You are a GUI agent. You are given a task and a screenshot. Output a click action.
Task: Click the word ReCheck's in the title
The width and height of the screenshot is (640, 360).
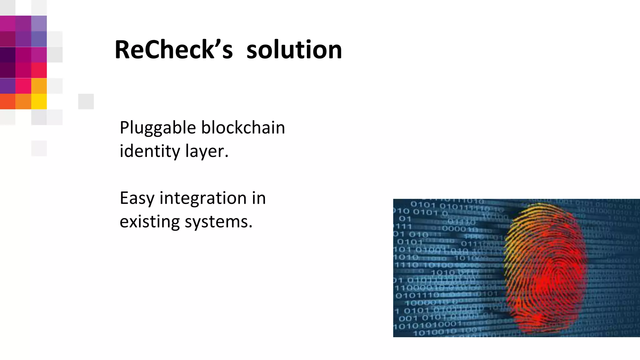173,50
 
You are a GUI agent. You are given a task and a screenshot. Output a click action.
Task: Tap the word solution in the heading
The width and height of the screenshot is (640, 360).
294,50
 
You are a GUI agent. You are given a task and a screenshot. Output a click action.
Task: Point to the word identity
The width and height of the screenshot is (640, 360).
150,151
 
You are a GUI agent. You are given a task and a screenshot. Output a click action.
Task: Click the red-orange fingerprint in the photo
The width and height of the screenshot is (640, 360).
545,269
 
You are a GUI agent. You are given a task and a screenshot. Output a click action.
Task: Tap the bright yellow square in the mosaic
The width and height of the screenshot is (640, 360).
39,102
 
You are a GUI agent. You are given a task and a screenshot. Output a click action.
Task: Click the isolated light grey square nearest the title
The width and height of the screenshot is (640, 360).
86,102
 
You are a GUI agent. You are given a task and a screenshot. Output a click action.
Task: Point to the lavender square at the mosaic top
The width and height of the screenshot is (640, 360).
39,23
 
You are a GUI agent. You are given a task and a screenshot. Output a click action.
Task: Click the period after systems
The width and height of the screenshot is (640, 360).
250,227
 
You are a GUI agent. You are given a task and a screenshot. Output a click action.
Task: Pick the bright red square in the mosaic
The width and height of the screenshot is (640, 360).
39,70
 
